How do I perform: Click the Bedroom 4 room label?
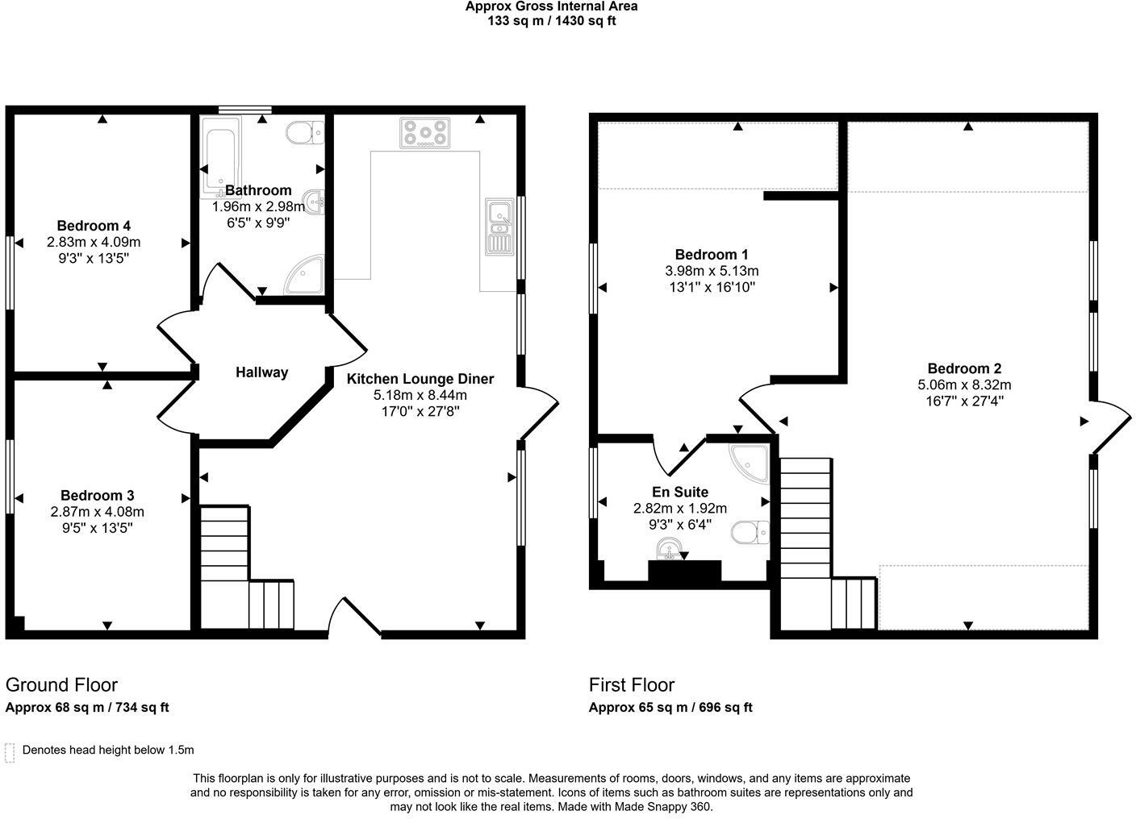point(94,226)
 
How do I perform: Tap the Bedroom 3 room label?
point(97,496)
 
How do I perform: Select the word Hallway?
point(261,372)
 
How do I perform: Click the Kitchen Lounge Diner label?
point(420,379)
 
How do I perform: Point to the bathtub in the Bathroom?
point(220,156)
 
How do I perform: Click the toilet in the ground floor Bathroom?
point(305,132)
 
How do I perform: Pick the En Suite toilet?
point(750,532)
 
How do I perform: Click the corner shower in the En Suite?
point(750,462)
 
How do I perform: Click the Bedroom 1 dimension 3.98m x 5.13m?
point(712,271)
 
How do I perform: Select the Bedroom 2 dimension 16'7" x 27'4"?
point(964,401)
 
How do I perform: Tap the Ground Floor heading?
point(61,685)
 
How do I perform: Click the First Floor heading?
point(631,685)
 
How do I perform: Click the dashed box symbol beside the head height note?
point(10,752)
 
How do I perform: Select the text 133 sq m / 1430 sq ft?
point(551,21)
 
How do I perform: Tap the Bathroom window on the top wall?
point(245,110)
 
